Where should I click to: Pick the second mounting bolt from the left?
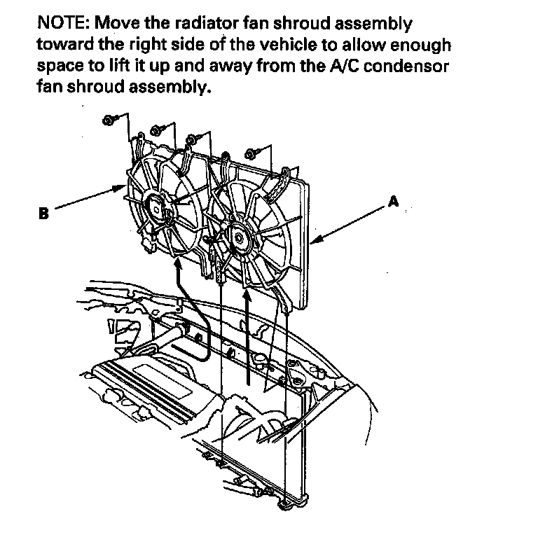tap(155, 130)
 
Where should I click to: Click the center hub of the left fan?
tap(155, 209)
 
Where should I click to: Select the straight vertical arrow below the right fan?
tap(249, 336)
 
